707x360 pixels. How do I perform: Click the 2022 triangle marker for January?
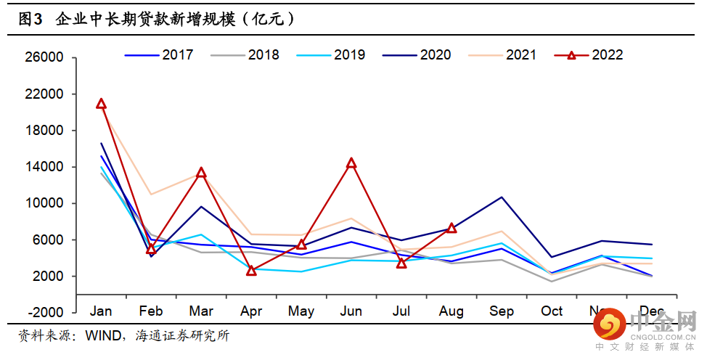101,104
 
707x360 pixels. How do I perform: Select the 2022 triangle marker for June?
351,163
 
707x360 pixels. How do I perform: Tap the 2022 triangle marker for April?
251,271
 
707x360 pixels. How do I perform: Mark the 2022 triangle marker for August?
451,228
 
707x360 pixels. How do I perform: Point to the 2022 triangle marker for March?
201,173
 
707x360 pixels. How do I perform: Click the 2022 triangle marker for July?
401,263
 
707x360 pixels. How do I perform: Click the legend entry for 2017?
159,55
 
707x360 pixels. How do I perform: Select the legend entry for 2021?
503,55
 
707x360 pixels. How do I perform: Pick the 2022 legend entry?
589,55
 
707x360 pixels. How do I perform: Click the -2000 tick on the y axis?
47,312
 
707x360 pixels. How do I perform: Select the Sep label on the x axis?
502,311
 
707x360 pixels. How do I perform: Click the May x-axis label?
301,311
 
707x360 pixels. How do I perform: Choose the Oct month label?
552,311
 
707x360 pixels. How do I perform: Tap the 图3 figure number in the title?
30,20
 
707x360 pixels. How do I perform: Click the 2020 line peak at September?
502,197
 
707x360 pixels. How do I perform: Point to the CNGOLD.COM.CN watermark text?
663,337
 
